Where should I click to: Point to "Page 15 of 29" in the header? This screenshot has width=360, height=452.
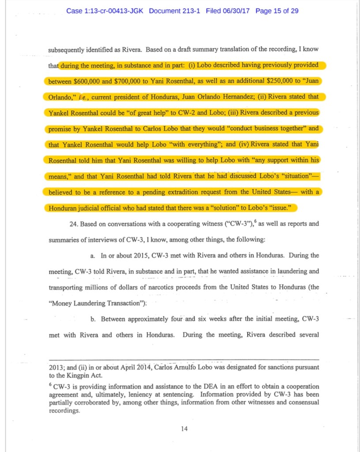pos(277,11)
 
